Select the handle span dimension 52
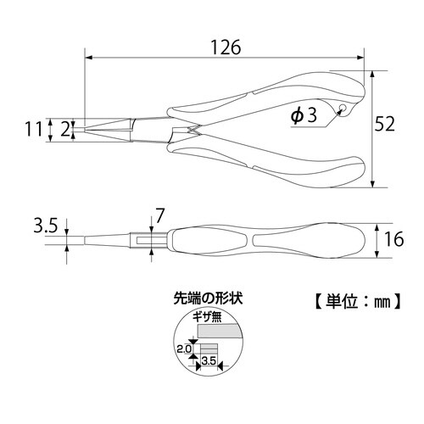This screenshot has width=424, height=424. [386, 125]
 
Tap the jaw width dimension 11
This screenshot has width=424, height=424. [33, 129]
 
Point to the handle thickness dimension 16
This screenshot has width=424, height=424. [391, 240]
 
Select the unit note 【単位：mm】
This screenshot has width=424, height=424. [350, 299]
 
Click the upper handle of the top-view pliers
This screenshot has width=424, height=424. [271, 98]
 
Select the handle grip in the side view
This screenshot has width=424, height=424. [271, 240]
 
